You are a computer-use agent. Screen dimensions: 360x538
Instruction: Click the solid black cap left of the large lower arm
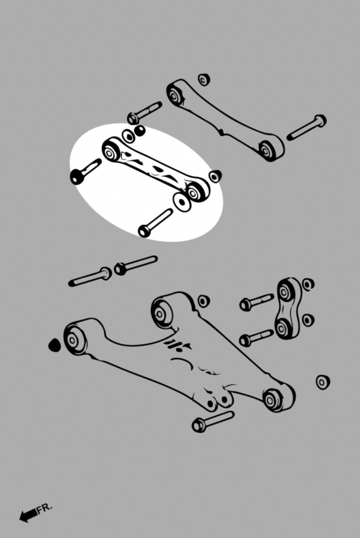point(54,345)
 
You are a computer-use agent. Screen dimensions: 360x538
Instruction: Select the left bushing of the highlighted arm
point(110,152)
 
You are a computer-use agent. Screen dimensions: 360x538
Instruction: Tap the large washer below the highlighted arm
point(182,202)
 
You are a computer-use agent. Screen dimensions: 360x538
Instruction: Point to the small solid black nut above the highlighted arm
point(139,130)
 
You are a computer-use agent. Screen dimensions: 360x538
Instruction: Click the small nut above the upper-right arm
point(204,79)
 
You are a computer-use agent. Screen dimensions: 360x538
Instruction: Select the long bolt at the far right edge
point(306,127)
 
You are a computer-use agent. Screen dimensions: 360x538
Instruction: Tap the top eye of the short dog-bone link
point(284,292)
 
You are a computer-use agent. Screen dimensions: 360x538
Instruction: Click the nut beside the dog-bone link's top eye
point(308,284)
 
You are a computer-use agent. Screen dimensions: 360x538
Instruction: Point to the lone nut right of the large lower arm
point(322,382)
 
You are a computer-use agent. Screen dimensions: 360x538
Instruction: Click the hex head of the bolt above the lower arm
point(120,268)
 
